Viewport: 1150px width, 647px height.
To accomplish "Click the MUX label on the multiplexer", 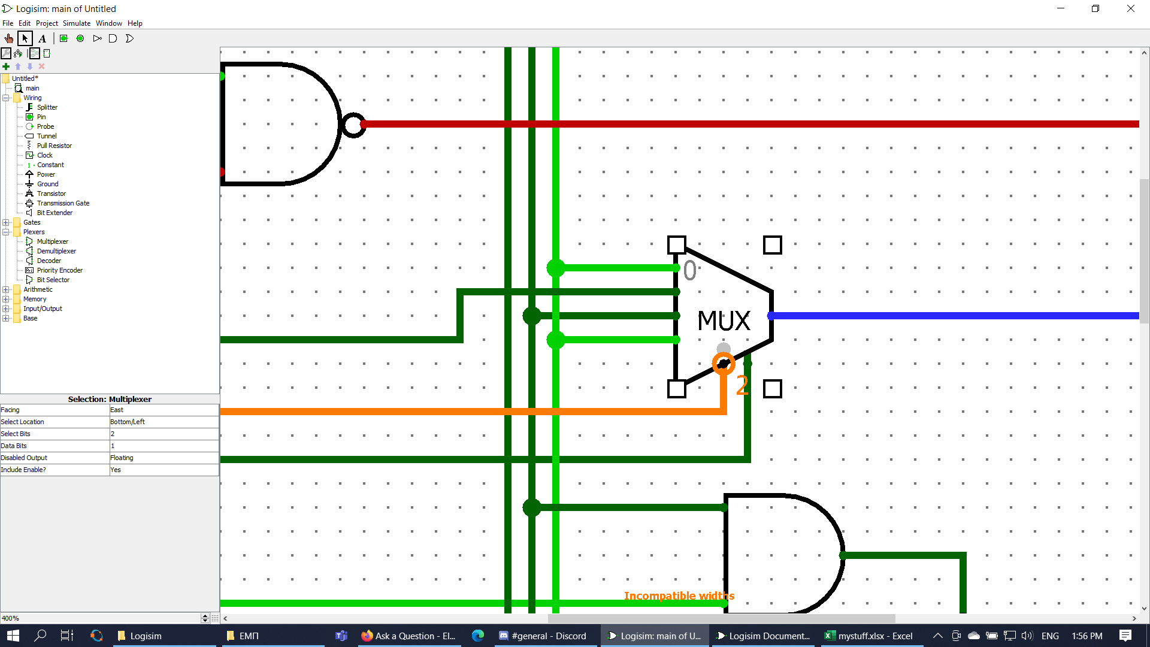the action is pos(724,321).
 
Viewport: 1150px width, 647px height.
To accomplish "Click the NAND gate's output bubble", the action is pos(353,125).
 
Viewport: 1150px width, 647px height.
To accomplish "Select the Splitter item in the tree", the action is pos(47,107).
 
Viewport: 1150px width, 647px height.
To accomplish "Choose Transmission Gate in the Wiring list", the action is pos(63,203).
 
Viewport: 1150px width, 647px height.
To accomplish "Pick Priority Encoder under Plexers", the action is pos(59,270).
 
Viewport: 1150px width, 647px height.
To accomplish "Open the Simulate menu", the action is pos(77,23).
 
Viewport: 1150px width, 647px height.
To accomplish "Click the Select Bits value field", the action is pos(163,434).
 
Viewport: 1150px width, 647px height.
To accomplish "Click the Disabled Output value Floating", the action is pos(163,458).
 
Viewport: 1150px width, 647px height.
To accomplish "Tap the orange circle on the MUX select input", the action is pos(724,363).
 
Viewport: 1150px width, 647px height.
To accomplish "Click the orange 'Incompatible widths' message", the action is pos(679,596).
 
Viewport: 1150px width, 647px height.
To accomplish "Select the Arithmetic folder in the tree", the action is pos(38,289).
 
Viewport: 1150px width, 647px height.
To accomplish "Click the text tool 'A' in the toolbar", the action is pos(43,39).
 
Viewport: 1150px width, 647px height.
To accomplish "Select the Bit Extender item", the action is pos(55,213).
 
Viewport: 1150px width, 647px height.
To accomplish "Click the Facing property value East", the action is pos(163,410).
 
